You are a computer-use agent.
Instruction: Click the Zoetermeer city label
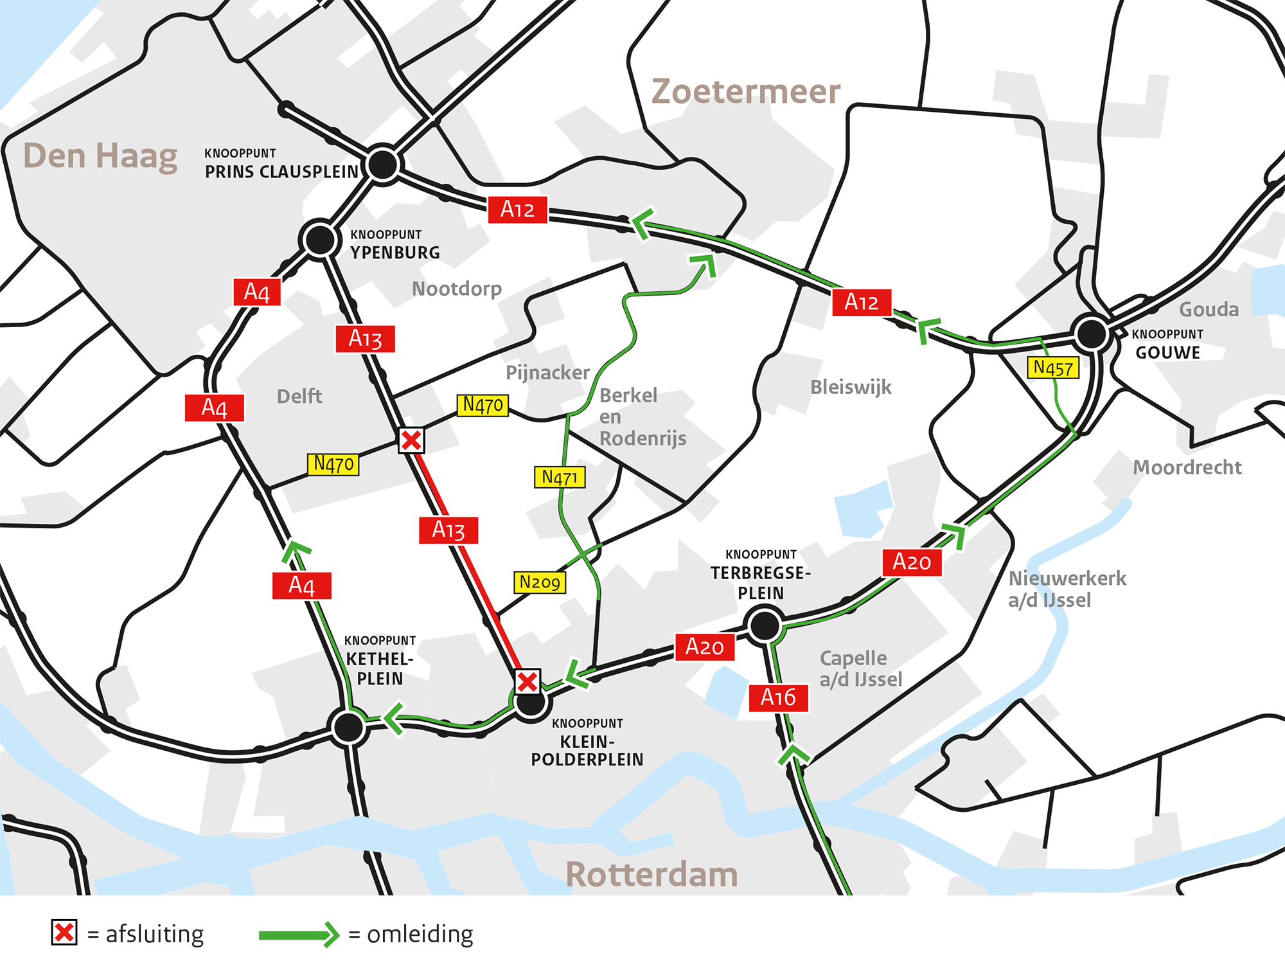745,91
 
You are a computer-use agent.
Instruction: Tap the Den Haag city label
100,156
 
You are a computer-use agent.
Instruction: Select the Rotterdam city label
651,875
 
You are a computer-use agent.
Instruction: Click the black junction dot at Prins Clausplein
383,164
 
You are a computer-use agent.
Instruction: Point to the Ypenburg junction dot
320,240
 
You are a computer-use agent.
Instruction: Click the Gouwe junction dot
1091,334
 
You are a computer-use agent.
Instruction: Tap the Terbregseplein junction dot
764,625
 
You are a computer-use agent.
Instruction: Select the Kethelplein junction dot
348,727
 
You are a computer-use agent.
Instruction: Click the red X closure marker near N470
411,440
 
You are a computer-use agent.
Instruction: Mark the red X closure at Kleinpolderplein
527,681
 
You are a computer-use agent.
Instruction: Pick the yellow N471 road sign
560,478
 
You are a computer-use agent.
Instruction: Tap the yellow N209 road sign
540,582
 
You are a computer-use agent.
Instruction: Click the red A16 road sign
778,698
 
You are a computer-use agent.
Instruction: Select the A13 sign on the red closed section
448,530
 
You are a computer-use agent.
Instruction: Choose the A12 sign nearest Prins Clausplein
517,210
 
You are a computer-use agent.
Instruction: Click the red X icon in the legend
64,933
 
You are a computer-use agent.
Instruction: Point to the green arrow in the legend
299,935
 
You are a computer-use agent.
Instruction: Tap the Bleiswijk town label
851,387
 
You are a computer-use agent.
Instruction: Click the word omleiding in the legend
420,934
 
